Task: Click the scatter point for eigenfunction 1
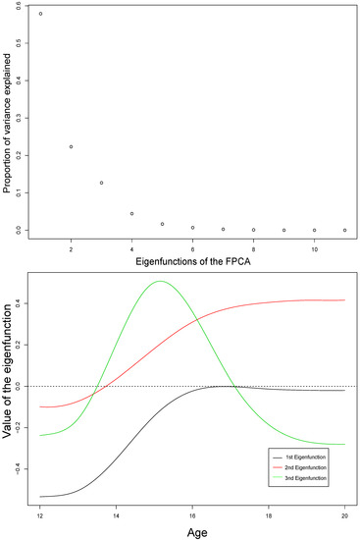(x=40, y=14)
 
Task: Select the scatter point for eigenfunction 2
(x=71, y=146)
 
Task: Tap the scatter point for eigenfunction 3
(x=101, y=183)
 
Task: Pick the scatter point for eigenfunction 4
(x=131, y=213)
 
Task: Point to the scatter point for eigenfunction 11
(x=345, y=230)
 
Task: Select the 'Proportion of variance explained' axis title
(x=8, y=123)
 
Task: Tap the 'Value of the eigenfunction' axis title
(x=9, y=387)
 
